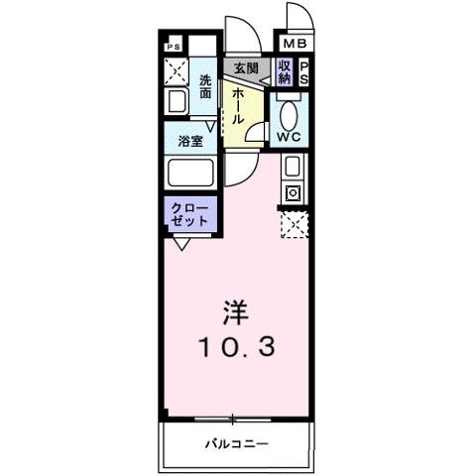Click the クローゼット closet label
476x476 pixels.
pyautogui.click(x=189, y=215)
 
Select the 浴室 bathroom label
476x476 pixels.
pyautogui.click(x=190, y=141)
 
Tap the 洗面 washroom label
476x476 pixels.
pyautogui.click(x=205, y=86)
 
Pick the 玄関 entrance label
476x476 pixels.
pyautogui.click(x=246, y=68)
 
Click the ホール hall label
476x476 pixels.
pyautogui.click(x=239, y=105)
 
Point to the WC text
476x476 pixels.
pyautogui.click(x=291, y=136)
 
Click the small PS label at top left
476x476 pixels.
pyautogui.click(x=174, y=47)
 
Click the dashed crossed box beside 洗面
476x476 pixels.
pyautogui.click(x=176, y=71)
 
